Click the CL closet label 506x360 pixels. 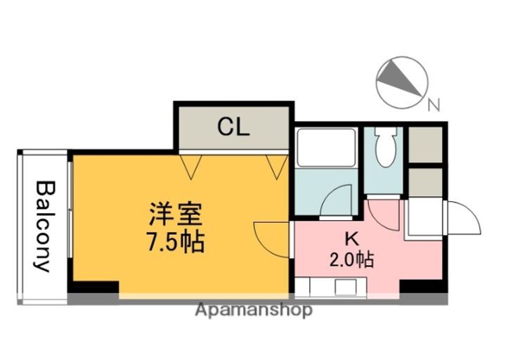point(233,127)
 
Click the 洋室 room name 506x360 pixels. point(176,213)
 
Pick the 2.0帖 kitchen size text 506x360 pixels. point(351,259)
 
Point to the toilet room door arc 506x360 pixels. point(383,211)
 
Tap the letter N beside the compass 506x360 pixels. point(434,106)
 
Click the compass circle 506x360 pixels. point(401,82)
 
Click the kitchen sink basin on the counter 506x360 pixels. point(346,287)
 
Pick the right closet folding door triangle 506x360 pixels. point(276,165)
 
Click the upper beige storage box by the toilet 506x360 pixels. point(425,143)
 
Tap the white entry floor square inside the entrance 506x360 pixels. point(425,217)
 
